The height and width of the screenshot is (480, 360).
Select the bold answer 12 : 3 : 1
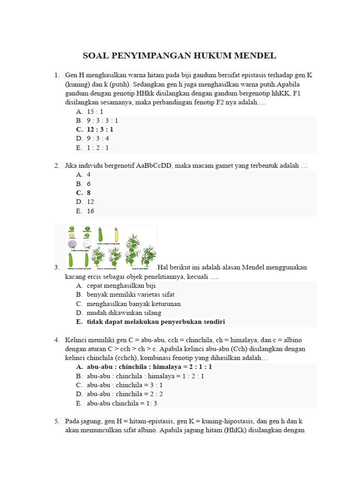pos(100,129)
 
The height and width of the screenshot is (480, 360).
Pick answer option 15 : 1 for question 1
pos(95,112)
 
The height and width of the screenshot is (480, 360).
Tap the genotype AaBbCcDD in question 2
pos(155,165)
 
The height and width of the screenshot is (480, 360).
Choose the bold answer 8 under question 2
pos(89,193)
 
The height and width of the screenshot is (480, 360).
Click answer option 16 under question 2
pos(90,211)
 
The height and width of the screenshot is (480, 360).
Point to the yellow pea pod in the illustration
pos(116,234)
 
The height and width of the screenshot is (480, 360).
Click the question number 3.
pos(57,267)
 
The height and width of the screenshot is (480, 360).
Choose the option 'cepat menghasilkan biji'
pos(121,285)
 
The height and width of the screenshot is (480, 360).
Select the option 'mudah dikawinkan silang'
pos(124,313)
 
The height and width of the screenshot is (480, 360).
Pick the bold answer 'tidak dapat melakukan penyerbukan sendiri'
pos(156,322)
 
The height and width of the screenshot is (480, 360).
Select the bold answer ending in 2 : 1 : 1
pos(149,367)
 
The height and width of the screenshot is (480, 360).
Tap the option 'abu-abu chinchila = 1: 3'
pos(121,403)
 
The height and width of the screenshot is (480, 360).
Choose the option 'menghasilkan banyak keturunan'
pos(134,304)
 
